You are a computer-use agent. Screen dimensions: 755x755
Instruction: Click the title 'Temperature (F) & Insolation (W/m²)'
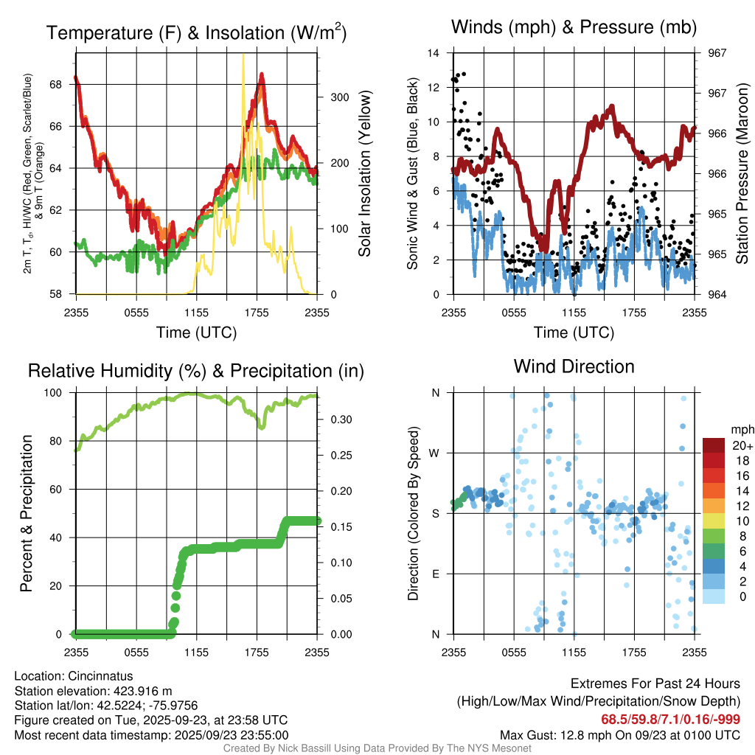pos(196,33)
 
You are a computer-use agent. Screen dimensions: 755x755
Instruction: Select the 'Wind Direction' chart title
pos(574,366)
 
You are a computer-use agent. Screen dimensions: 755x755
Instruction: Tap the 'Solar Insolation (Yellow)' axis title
pos(364,173)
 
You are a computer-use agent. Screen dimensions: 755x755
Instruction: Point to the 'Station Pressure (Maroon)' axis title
pos(742,174)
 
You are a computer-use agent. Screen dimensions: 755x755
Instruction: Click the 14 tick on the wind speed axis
pos(434,53)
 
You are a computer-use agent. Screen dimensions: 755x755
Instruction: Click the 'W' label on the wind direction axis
pos(435,453)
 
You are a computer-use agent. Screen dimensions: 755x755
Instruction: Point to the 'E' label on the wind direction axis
pos(435,574)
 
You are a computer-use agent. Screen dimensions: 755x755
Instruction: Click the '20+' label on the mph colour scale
pos(742,445)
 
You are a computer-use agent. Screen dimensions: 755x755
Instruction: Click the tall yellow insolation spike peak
pos(243,55)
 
